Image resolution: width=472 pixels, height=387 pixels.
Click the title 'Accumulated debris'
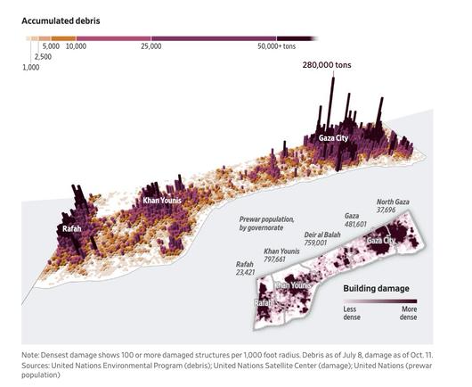[x=61, y=19]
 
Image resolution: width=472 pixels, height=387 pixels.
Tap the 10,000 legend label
[x=76, y=45]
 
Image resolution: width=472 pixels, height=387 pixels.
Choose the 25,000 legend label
[x=150, y=45]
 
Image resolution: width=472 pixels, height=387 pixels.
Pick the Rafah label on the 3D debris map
[x=72, y=229]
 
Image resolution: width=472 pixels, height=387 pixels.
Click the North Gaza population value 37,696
[x=394, y=210]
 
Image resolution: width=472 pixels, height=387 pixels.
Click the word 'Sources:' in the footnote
[x=37, y=365]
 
